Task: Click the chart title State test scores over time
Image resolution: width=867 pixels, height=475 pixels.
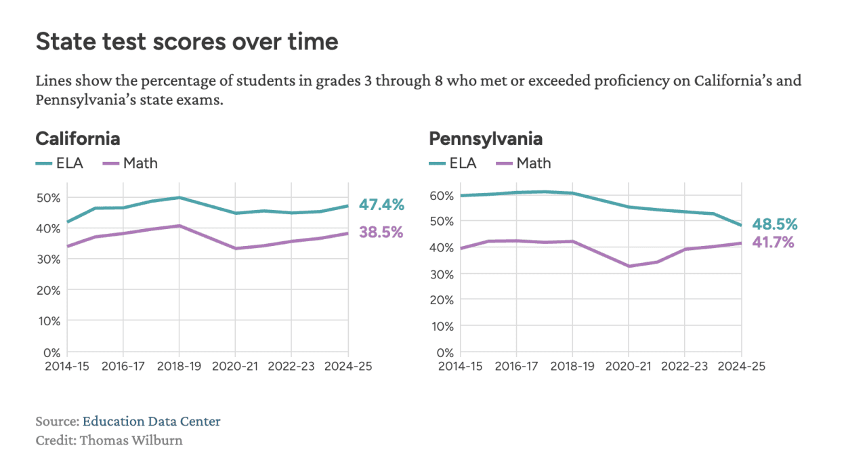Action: point(187,42)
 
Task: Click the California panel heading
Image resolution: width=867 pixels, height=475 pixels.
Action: point(78,139)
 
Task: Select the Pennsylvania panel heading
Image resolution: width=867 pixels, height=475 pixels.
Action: point(486,139)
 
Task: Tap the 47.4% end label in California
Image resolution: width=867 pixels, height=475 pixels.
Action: point(381,204)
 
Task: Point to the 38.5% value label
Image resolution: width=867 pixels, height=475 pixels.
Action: point(381,232)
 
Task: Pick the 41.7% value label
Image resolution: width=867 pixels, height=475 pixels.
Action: point(773,242)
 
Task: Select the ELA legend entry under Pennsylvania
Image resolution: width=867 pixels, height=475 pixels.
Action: point(453,163)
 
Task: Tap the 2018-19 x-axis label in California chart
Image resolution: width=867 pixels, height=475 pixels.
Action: point(179,365)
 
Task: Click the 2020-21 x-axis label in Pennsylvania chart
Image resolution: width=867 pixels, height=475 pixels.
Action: point(628,365)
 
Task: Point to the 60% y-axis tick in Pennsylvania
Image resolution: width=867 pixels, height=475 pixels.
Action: point(442,196)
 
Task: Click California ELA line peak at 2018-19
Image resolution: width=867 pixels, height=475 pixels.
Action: point(179,197)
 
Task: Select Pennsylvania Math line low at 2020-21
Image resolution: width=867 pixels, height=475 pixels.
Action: point(628,266)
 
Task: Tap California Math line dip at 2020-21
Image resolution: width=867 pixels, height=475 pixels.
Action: point(235,248)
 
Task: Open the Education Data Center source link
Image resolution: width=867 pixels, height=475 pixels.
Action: point(151,421)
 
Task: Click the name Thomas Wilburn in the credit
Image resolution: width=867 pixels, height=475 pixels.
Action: point(131,440)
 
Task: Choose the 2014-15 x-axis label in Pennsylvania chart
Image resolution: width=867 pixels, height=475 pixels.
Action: point(460,365)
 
